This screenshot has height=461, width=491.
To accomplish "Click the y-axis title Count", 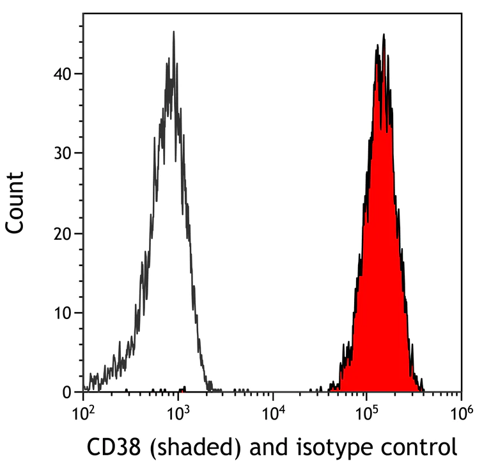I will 15,201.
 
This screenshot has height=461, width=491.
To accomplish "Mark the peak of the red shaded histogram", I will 383,35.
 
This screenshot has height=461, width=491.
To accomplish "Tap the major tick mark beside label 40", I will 79,74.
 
